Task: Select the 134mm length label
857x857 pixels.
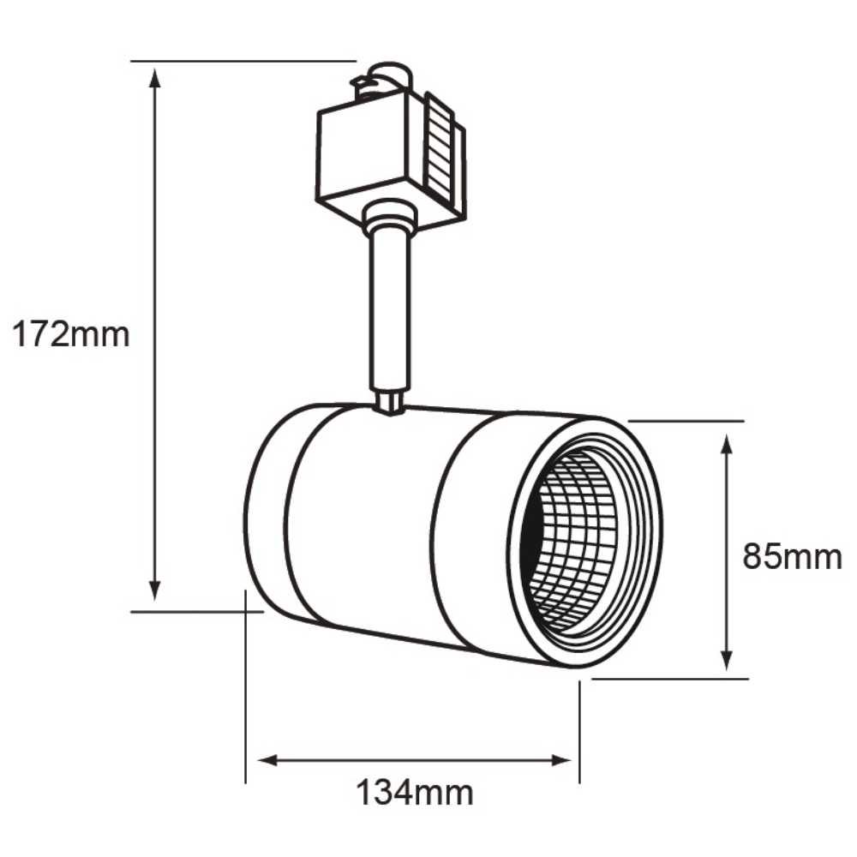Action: [x=415, y=793]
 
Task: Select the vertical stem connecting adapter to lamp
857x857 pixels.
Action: [x=390, y=309]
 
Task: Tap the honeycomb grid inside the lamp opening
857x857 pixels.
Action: [x=574, y=540]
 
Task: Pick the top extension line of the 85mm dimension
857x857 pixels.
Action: [x=686, y=421]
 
